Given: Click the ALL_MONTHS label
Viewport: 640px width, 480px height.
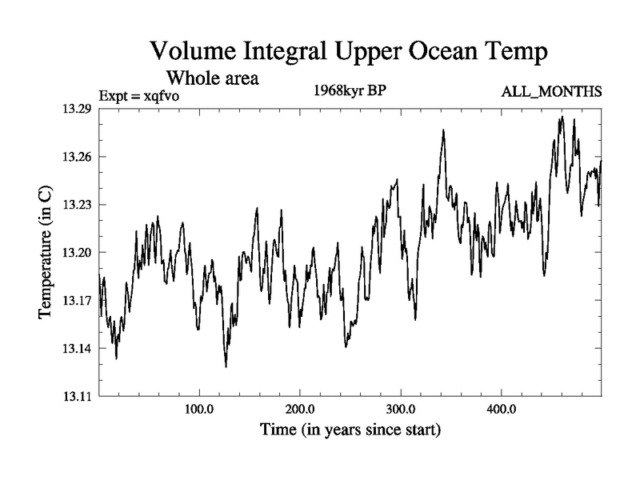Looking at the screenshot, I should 551,92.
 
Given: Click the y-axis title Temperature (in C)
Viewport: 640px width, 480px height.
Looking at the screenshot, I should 46,253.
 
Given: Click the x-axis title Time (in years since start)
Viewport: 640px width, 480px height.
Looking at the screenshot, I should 350,430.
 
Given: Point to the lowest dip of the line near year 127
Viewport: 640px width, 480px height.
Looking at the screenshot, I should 226,366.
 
